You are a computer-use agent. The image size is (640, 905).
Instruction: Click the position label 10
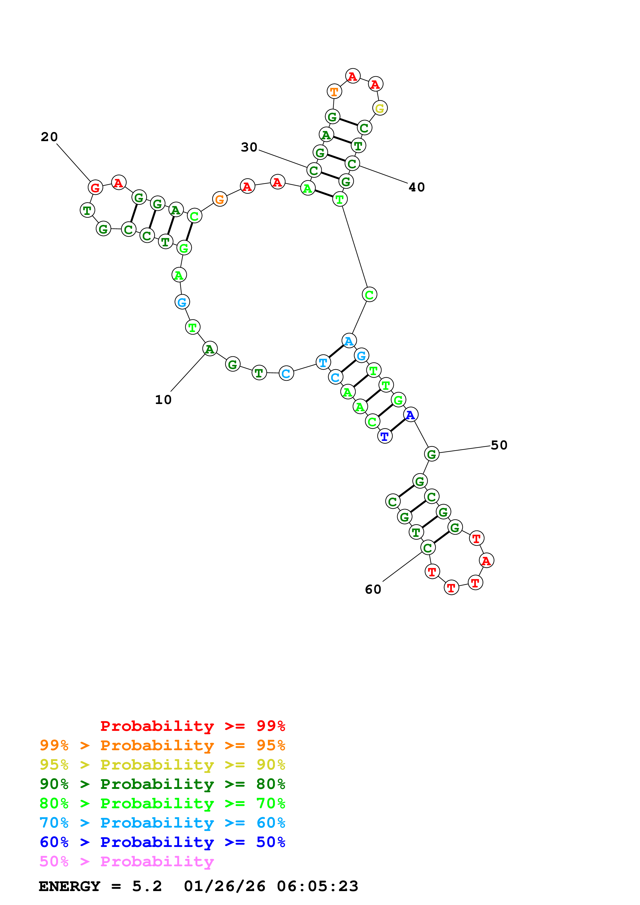pos(163,400)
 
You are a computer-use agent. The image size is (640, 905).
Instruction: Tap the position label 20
pos(49,137)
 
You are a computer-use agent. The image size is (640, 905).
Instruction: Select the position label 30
pos(249,147)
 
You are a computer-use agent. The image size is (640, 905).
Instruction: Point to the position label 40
pos(416,187)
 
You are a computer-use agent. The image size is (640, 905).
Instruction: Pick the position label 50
pos(499,445)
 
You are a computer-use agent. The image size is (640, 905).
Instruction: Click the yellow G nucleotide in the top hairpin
pos(380,108)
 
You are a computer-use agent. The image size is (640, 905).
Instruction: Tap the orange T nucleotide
pos(334,91)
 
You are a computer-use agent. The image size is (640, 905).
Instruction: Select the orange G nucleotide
pos(220,199)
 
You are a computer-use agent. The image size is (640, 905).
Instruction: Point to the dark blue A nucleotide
pos(410,415)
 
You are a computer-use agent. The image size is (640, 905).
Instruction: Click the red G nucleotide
pos(95,188)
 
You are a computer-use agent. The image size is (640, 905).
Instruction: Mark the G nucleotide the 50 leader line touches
pos(432,454)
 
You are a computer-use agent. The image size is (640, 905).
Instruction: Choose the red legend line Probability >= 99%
pos(192,726)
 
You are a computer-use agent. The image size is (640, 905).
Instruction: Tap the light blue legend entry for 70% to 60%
pos(162,823)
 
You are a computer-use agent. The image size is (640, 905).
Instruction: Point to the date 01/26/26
pos(224,886)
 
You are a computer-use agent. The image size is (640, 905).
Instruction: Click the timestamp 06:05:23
pos(318,886)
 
